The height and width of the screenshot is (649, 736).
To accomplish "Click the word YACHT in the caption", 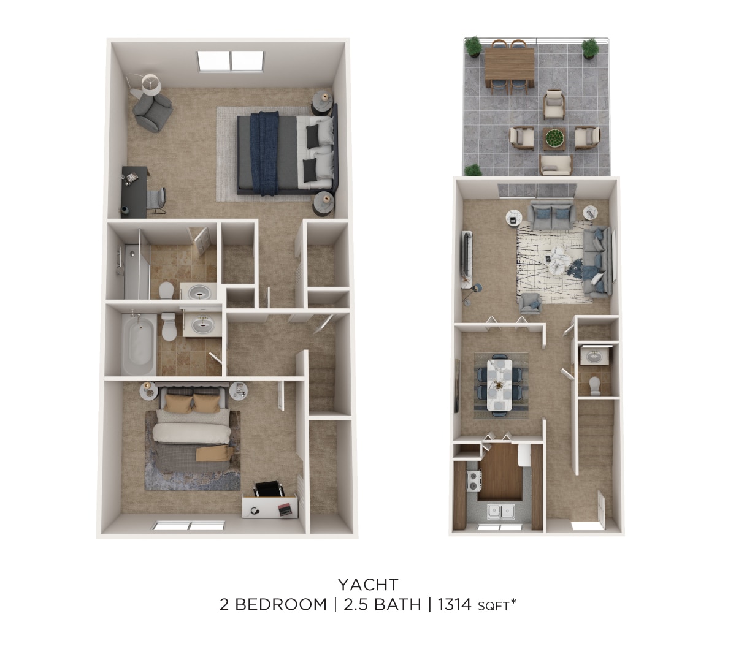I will tap(368, 584).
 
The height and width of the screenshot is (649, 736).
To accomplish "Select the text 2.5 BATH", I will tap(381, 605).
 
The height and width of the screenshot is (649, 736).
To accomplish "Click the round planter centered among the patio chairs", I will tap(554, 139).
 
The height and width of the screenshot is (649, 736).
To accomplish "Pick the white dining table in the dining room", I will tap(499, 384).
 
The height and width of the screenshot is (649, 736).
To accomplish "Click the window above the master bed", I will tap(231, 61).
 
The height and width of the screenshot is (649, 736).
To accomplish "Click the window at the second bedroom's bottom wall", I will tap(190, 526).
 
